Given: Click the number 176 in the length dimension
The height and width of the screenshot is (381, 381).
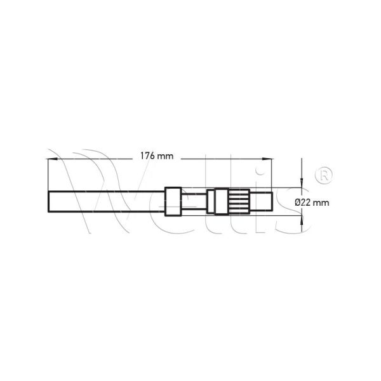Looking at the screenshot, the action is pyautogui.click(x=147, y=156).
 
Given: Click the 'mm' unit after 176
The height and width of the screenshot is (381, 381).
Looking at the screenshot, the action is pyautogui.click(x=165, y=157).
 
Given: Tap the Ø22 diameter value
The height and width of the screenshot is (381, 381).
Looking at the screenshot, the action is pyautogui.click(x=303, y=203).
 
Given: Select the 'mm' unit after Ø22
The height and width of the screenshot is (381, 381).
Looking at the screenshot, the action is pyautogui.click(x=321, y=203).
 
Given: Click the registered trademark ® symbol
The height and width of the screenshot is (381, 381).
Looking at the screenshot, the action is pyautogui.click(x=324, y=175).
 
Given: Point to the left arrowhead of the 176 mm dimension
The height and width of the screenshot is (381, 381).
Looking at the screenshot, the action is pyautogui.click(x=51, y=159).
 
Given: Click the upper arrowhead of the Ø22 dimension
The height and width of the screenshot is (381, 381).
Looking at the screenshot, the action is pyautogui.click(x=302, y=183).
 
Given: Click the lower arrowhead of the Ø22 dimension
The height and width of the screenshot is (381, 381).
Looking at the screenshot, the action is pyautogui.click(x=302, y=220).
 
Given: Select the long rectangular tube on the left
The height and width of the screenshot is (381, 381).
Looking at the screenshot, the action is pyautogui.click(x=107, y=202).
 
